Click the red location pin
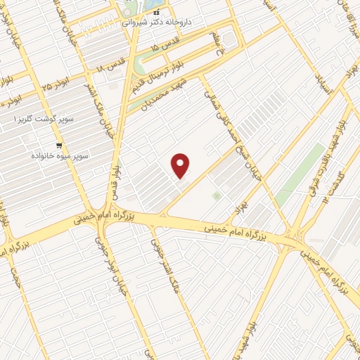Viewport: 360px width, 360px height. coord(181,165)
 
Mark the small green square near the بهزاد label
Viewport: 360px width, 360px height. coord(216,195)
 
